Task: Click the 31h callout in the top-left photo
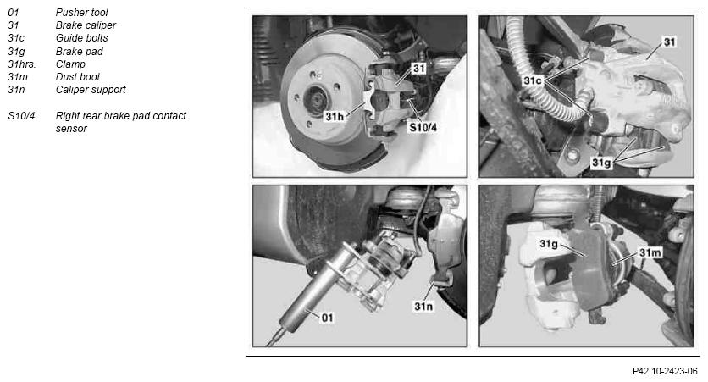[x=335, y=117]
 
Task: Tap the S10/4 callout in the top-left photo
[x=423, y=127]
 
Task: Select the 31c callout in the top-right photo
[x=533, y=80]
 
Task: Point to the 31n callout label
[x=423, y=307]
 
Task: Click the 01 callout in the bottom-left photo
[x=328, y=318]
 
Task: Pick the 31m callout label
[x=650, y=252]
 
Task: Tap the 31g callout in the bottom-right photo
[x=549, y=244]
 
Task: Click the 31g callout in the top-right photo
[x=601, y=163]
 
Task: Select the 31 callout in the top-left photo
[x=419, y=69]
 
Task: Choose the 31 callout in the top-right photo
[x=670, y=42]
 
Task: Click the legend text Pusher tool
[x=82, y=13]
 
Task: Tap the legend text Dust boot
[x=78, y=77]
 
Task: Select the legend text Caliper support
[x=91, y=90]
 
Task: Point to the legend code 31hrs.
[x=22, y=64]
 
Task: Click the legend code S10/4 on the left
[x=21, y=115]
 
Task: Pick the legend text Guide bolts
[x=82, y=38]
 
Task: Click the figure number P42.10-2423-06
[x=665, y=371]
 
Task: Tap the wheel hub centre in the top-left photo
[x=315, y=99]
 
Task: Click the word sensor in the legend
[x=71, y=129]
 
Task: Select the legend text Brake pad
[x=80, y=52]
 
